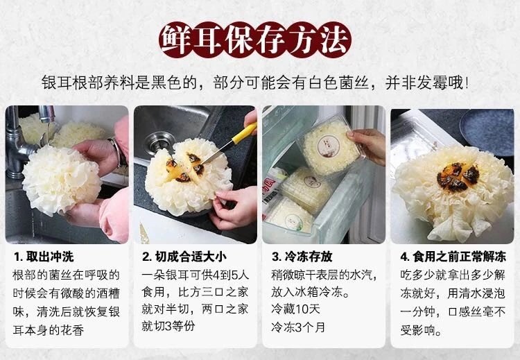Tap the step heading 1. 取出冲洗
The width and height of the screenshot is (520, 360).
pos(44,257)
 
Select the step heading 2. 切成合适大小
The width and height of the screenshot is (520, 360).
pos(184,257)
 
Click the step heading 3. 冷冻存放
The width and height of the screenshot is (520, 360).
pos(302,257)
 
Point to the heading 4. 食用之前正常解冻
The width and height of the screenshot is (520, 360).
pos(453,257)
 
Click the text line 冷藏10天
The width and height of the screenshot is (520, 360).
pos(295,309)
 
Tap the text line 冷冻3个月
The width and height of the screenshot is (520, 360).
pos(298,327)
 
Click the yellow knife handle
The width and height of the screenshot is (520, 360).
pos(245,132)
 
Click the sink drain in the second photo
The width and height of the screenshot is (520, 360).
pos(159,144)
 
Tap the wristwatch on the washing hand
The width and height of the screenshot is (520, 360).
pos(119,153)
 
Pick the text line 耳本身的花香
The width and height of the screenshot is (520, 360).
pos(48,330)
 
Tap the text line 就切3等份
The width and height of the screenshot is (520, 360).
pos(168,327)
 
